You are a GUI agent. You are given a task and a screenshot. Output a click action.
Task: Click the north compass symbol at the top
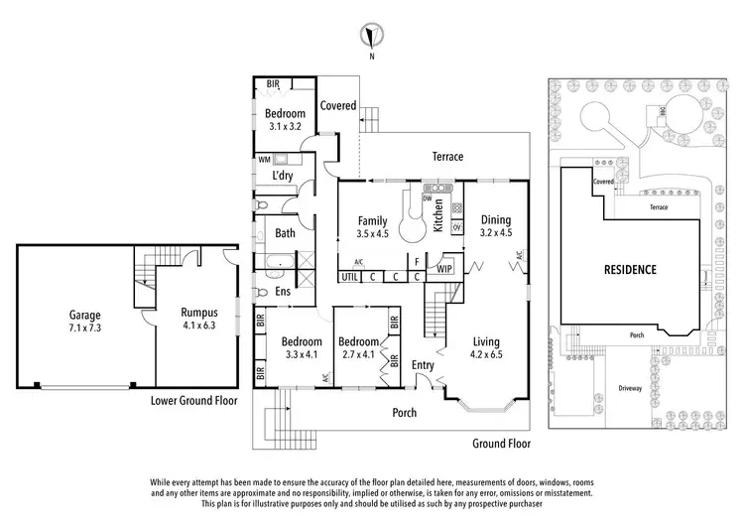(x=372, y=37)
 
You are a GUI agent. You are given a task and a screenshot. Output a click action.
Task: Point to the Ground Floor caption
(x=500, y=444)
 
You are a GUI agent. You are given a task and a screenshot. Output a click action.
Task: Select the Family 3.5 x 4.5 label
(x=373, y=226)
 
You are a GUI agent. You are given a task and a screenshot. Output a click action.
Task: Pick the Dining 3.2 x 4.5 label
(x=495, y=226)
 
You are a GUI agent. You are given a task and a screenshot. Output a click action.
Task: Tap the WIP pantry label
(x=444, y=267)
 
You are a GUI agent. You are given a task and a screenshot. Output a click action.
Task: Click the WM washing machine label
(x=264, y=159)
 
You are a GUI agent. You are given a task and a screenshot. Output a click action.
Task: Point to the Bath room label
(x=286, y=234)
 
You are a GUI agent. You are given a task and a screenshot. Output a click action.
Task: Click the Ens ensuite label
(x=283, y=292)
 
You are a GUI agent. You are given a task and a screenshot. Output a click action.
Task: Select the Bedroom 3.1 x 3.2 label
(x=289, y=120)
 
